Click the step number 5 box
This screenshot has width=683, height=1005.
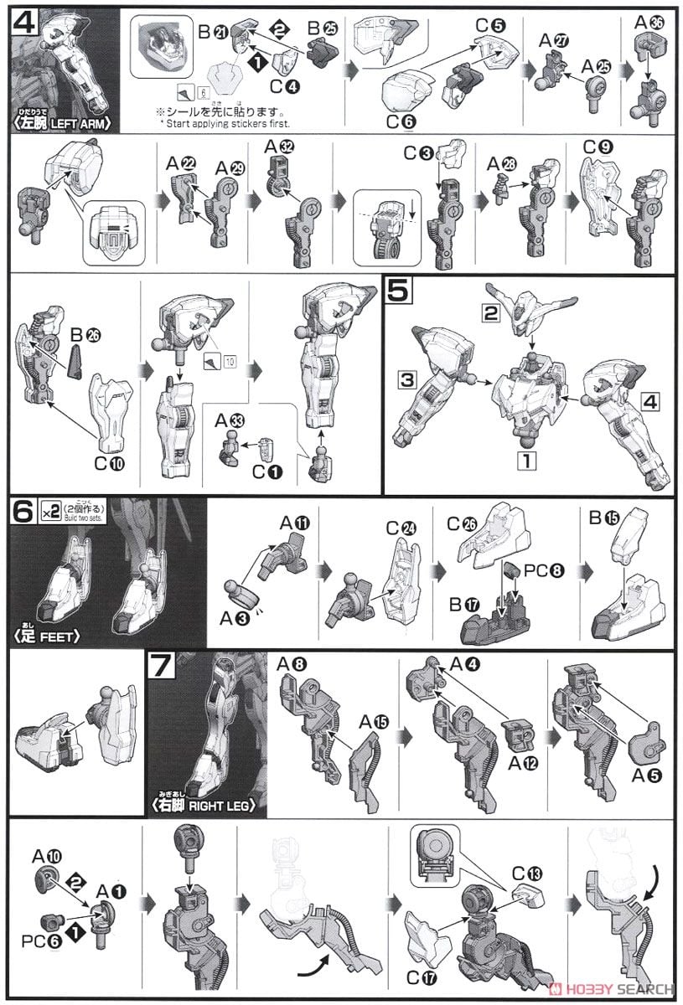(x=398, y=292)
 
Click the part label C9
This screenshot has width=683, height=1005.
(x=601, y=155)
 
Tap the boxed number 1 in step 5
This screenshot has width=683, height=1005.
(x=525, y=460)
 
